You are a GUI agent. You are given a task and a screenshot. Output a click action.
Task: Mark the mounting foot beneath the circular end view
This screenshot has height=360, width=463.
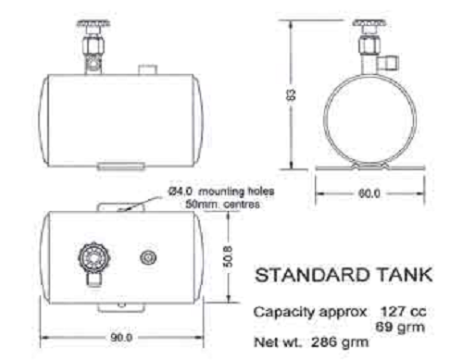368,168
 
